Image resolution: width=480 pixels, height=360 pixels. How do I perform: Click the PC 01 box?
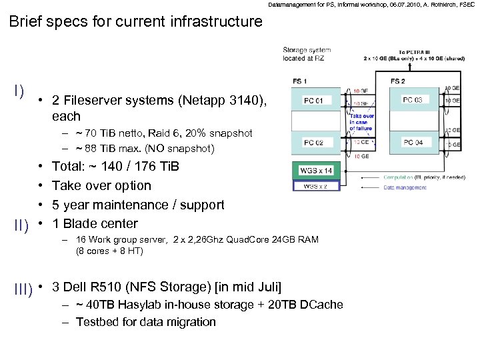(317, 101)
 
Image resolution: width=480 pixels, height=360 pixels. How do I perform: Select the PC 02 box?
(317, 143)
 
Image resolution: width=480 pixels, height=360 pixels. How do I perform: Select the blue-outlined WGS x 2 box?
(315, 187)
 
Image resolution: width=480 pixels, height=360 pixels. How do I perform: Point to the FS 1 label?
(300, 81)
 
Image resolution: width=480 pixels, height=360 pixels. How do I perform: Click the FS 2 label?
(397, 81)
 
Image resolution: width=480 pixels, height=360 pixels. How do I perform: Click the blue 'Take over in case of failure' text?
(361, 123)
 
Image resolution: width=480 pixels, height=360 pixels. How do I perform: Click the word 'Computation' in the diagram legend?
(398, 177)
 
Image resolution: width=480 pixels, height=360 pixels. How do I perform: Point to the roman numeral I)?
(18, 90)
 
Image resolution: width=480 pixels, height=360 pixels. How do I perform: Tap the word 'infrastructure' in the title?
(211, 21)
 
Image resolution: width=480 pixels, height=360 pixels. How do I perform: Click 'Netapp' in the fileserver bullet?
(205, 101)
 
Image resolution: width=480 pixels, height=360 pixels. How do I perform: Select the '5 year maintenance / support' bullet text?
(138, 205)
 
